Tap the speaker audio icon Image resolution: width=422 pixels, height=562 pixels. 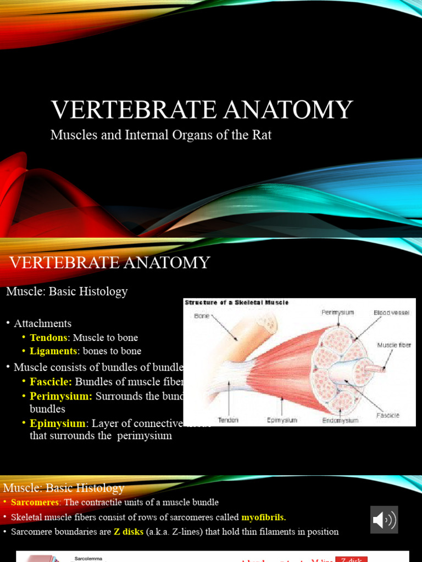[x=384, y=519]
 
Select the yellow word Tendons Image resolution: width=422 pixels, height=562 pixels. [x=49, y=338]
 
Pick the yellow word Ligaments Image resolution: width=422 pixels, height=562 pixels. [x=53, y=351]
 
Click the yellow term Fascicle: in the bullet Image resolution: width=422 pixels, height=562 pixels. [x=51, y=382]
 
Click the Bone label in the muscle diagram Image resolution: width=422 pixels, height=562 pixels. [x=202, y=316]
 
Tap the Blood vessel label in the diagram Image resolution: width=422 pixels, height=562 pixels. [x=392, y=312]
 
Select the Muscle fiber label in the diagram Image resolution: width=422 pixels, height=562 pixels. [x=394, y=345]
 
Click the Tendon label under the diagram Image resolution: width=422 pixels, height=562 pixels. [x=228, y=420]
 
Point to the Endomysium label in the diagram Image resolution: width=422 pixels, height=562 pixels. [x=340, y=420]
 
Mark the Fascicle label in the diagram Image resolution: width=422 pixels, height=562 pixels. [x=388, y=415]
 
